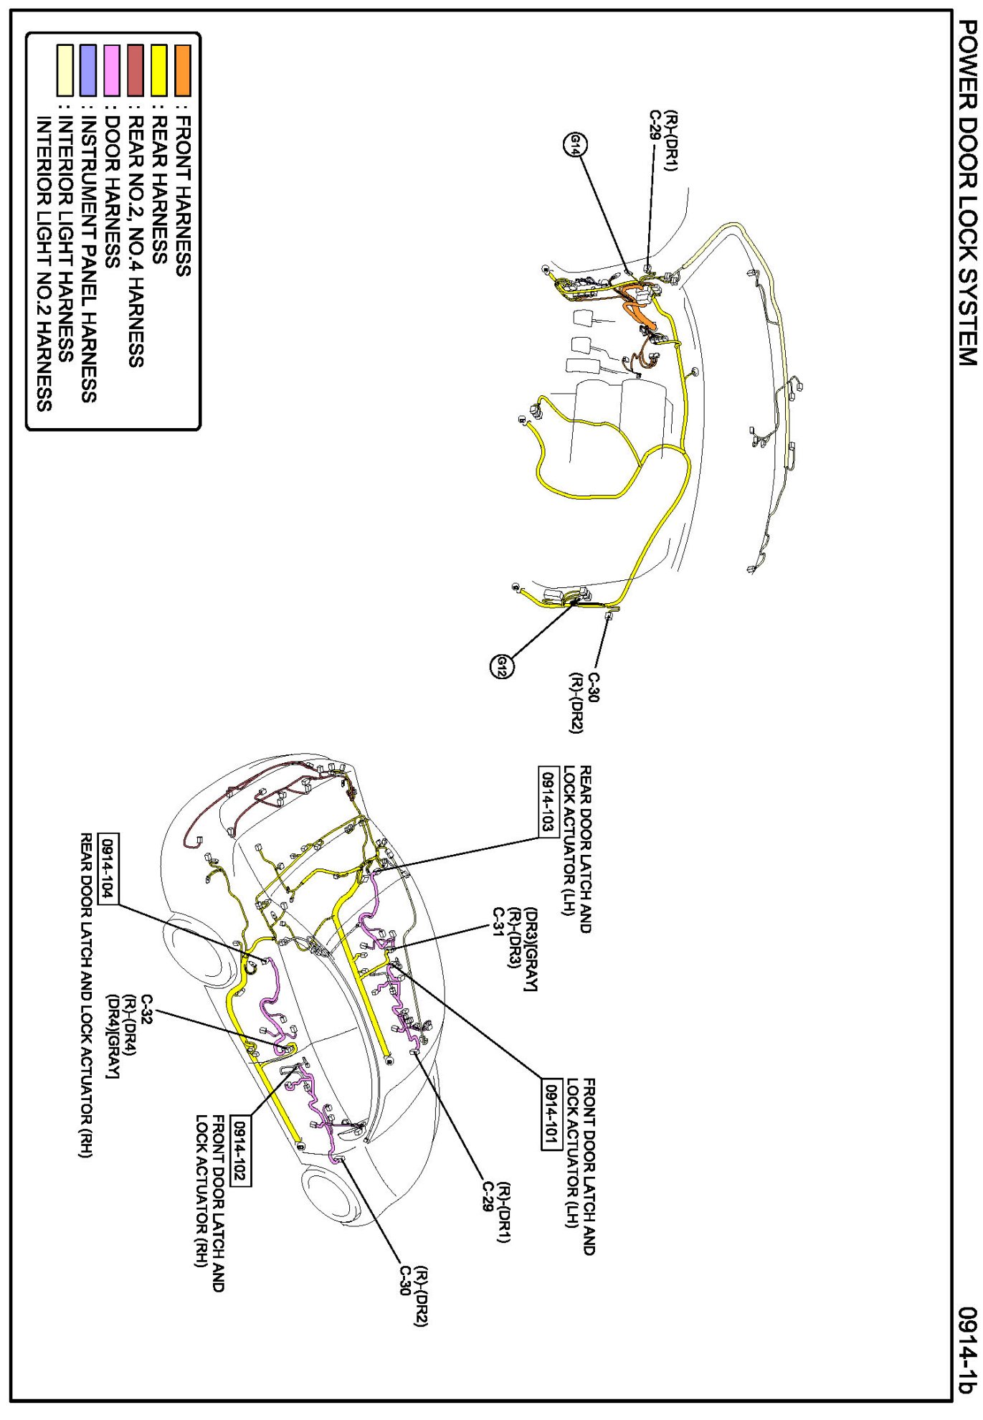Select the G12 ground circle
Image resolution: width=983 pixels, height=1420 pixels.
pos(501,667)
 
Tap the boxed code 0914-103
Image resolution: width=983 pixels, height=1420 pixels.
pos(548,801)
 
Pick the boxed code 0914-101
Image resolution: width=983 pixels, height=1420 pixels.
pos(551,1114)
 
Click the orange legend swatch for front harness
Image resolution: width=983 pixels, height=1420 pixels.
pos(183,70)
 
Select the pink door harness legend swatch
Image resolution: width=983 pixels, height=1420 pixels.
pos(112,70)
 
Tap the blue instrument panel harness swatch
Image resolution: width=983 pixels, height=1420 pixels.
pos(88,70)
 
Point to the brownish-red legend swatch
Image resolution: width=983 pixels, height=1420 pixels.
pos(136,70)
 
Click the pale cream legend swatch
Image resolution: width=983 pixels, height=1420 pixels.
pos(65,70)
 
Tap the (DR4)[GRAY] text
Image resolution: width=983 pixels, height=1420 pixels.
pos(113,1035)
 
